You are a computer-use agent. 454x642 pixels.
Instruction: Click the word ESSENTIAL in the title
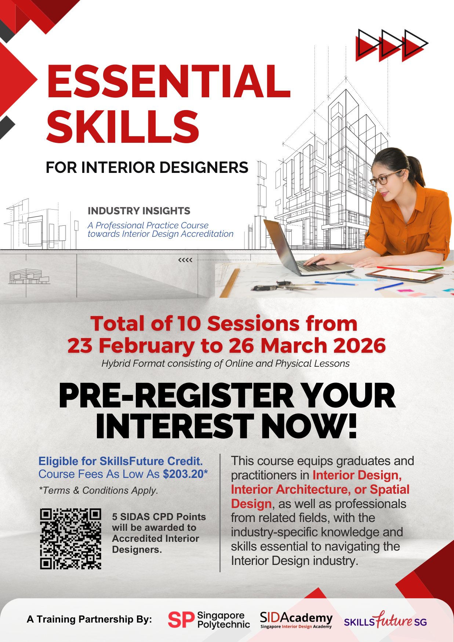point(169,81)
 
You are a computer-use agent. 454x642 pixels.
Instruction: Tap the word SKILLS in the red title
point(123,127)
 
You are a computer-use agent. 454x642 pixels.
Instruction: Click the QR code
point(70,539)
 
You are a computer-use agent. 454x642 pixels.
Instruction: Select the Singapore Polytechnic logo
point(209,620)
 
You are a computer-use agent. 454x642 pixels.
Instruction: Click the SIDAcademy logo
point(296,620)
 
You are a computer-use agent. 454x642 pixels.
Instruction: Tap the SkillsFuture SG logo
point(385,620)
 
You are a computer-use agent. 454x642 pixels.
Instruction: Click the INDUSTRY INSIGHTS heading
point(139,211)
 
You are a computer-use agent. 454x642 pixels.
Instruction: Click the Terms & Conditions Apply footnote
point(98,490)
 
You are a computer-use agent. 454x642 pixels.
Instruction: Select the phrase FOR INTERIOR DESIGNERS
point(147,167)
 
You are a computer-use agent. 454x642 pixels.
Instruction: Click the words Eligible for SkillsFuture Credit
point(121,461)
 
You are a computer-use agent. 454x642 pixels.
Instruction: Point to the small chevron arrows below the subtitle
point(185,260)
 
